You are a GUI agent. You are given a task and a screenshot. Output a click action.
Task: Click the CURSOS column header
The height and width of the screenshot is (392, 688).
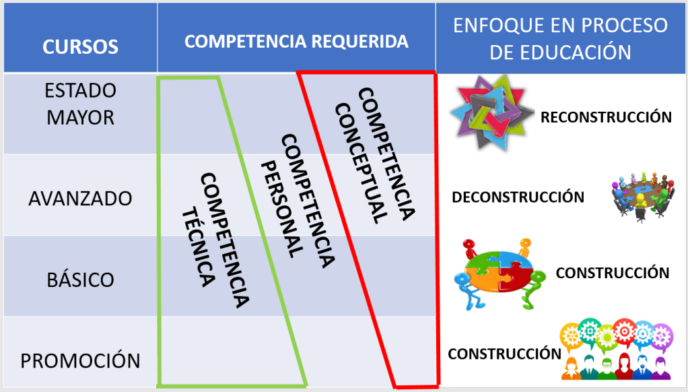[80, 46]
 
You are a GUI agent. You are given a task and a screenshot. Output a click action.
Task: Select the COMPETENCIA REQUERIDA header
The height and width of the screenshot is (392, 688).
[296, 41]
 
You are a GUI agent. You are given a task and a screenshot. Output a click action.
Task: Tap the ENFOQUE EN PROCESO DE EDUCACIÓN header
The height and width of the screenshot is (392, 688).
[560, 38]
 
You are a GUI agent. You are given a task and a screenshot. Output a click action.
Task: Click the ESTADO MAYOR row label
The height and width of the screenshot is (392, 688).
[80, 104]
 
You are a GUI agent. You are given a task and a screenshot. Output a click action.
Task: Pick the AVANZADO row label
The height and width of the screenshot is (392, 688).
[80, 199]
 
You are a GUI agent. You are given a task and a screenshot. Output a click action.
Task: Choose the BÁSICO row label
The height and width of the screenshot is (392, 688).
[80, 280]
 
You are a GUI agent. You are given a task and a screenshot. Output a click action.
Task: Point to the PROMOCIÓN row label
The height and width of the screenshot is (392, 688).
[80, 360]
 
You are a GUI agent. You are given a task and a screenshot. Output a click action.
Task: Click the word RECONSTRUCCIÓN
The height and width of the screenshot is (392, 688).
[606, 117]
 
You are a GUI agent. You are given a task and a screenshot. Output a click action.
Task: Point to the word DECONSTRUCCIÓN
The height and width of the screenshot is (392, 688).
[518, 197]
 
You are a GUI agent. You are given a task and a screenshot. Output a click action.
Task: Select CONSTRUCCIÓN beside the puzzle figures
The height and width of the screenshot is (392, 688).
[612, 273]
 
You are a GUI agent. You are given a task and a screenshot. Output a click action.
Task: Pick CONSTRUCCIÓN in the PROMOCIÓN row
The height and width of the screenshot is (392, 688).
[504, 354]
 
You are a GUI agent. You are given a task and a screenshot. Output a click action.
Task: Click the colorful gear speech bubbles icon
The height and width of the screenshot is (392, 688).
[617, 351]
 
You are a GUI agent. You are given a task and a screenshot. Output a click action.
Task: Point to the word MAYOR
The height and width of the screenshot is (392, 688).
[80, 118]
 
